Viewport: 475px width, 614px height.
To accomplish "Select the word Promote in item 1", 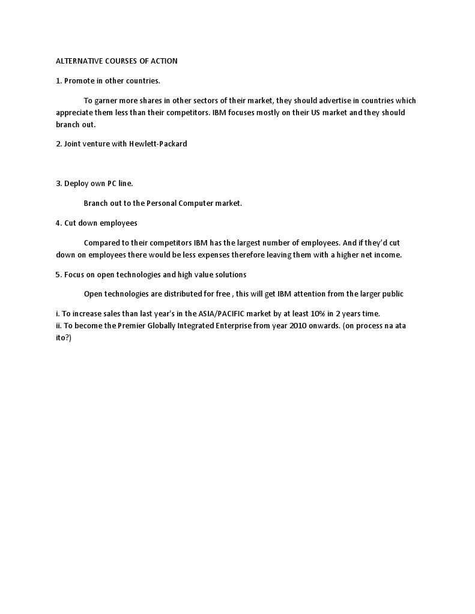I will (x=79, y=80).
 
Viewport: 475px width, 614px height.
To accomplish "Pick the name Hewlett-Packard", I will (x=158, y=144).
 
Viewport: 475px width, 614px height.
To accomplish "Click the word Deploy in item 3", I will (x=76, y=183).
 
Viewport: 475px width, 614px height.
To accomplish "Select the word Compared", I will (x=101, y=243).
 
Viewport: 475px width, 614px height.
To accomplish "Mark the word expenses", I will (x=226, y=255).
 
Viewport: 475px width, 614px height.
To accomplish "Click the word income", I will (x=387, y=255).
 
